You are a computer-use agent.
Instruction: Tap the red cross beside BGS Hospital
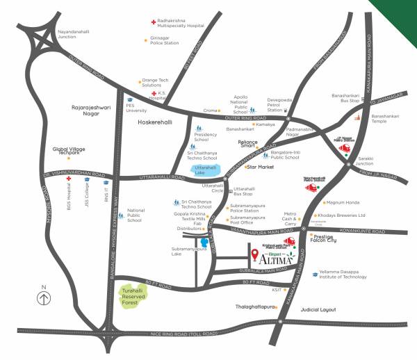(x=69, y=179)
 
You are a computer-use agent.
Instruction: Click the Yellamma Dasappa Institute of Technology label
(x=343, y=274)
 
